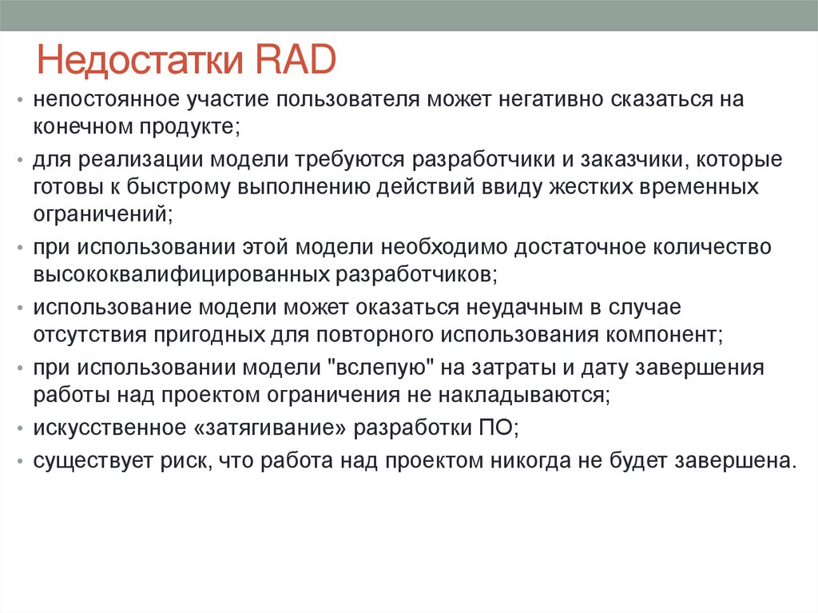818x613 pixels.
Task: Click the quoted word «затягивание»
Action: pyautogui.click(x=271, y=428)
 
